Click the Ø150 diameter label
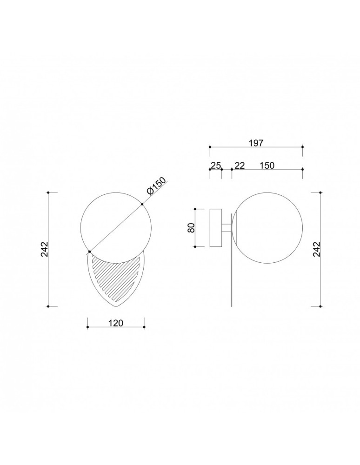156,188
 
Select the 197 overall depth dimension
256,143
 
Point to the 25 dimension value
215,165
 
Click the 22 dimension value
240,165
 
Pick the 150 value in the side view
267,165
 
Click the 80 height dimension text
191,228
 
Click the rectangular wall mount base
216,228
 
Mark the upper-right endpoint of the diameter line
142,203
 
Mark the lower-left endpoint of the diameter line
90,252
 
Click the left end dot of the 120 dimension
88,328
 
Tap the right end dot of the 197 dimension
302,147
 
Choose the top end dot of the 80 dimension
195,209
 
